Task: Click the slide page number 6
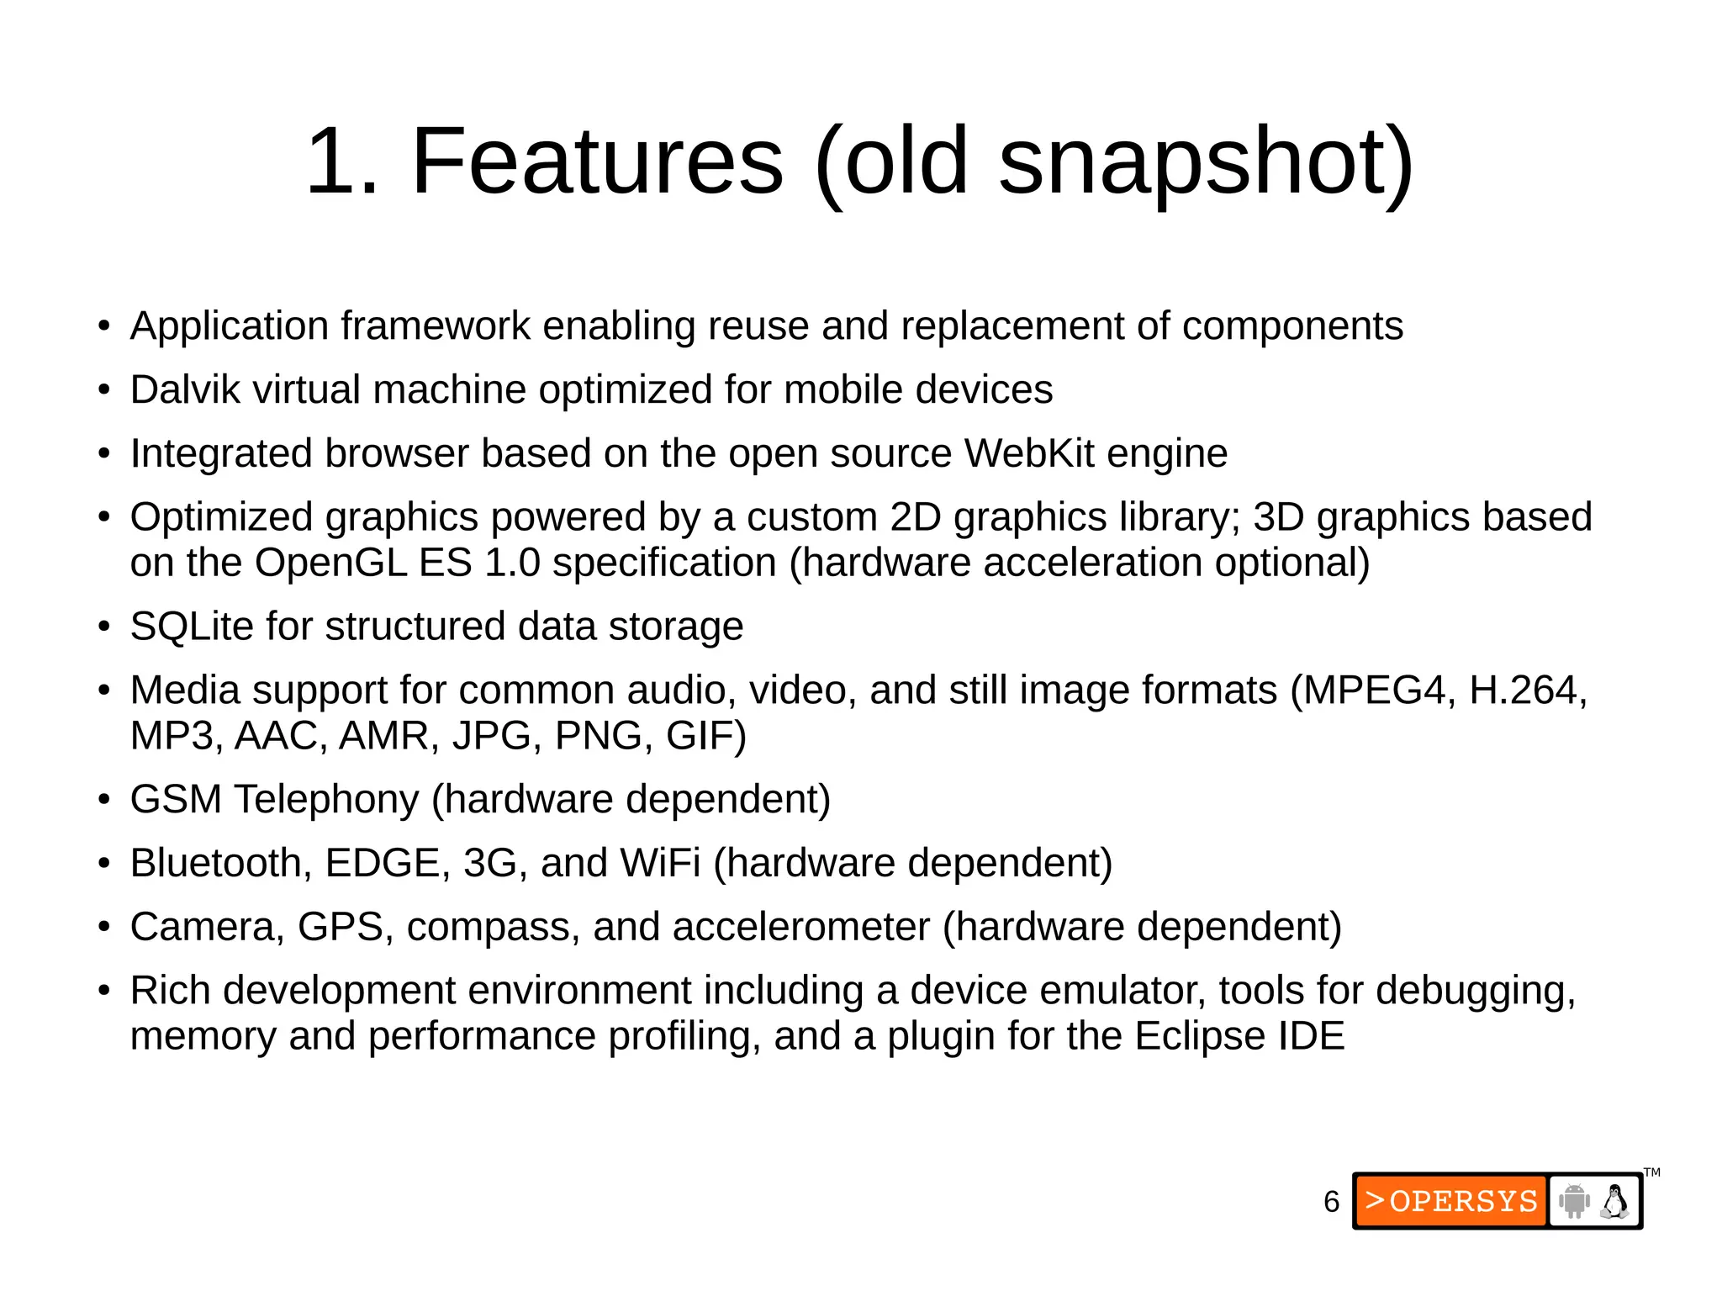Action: tap(1331, 1202)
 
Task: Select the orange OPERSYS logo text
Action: tap(1452, 1201)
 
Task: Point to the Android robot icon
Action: tap(1574, 1201)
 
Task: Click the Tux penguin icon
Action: tap(1614, 1201)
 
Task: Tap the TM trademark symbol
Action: tap(1652, 1172)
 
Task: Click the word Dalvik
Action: tap(186, 390)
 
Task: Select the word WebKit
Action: tap(1029, 454)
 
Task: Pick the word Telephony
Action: tap(326, 800)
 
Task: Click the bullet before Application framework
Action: tap(103, 326)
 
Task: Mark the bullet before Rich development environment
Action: tap(103, 991)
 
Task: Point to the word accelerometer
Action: tap(800, 927)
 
